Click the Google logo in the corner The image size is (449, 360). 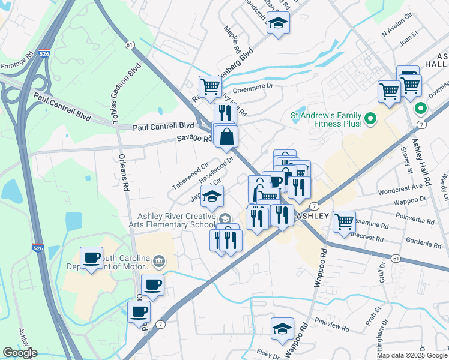tap(20, 353)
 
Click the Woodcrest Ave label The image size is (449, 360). tap(401, 191)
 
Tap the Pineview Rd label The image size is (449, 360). tap(332, 329)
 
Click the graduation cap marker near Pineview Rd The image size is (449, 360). tap(282, 328)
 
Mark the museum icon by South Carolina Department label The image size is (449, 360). tap(158, 260)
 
